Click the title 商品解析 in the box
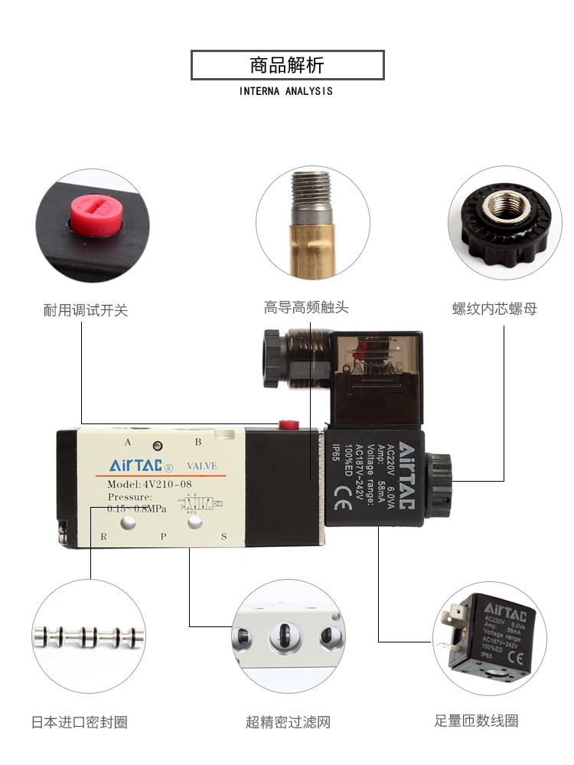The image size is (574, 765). [287, 65]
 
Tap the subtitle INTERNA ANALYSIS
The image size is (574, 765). [286, 91]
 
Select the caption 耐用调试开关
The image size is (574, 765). [86, 310]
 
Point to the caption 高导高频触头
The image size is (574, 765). [306, 308]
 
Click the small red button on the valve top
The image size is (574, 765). [288, 423]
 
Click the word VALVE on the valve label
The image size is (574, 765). [202, 466]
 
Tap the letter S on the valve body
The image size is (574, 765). [223, 536]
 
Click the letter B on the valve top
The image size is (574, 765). [197, 442]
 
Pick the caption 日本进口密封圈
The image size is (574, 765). [80, 721]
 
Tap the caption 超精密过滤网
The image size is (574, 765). [288, 721]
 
